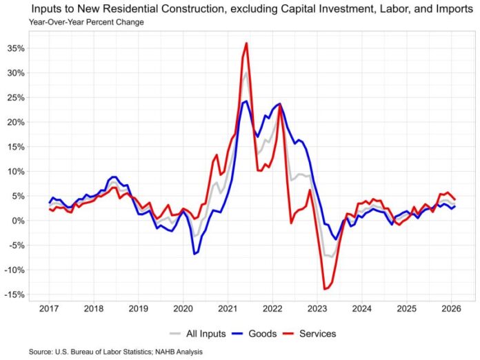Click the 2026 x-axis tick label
[450, 308]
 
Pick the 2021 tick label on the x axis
[228, 308]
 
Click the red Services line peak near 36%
[246, 43]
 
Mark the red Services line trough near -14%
[325, 289]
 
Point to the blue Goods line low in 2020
[194, 254]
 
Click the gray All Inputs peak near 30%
[246, 72]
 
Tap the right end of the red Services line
[454, 199]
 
